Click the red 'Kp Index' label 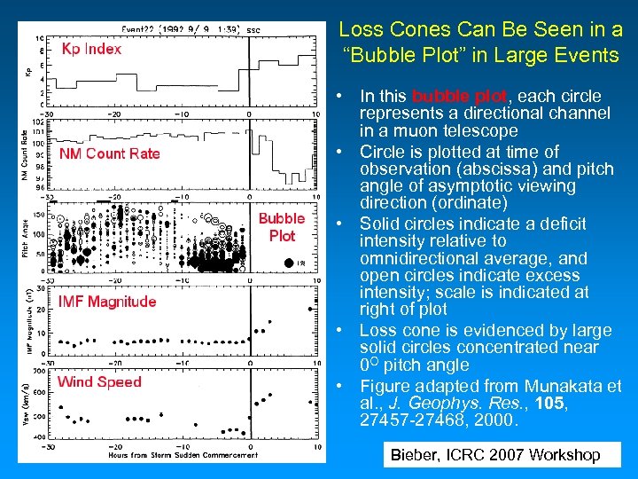91,49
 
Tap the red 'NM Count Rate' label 110,153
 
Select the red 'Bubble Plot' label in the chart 282,227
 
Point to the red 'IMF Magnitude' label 107,302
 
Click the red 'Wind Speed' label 99,382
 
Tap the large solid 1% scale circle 289,261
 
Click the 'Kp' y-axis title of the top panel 27,69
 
